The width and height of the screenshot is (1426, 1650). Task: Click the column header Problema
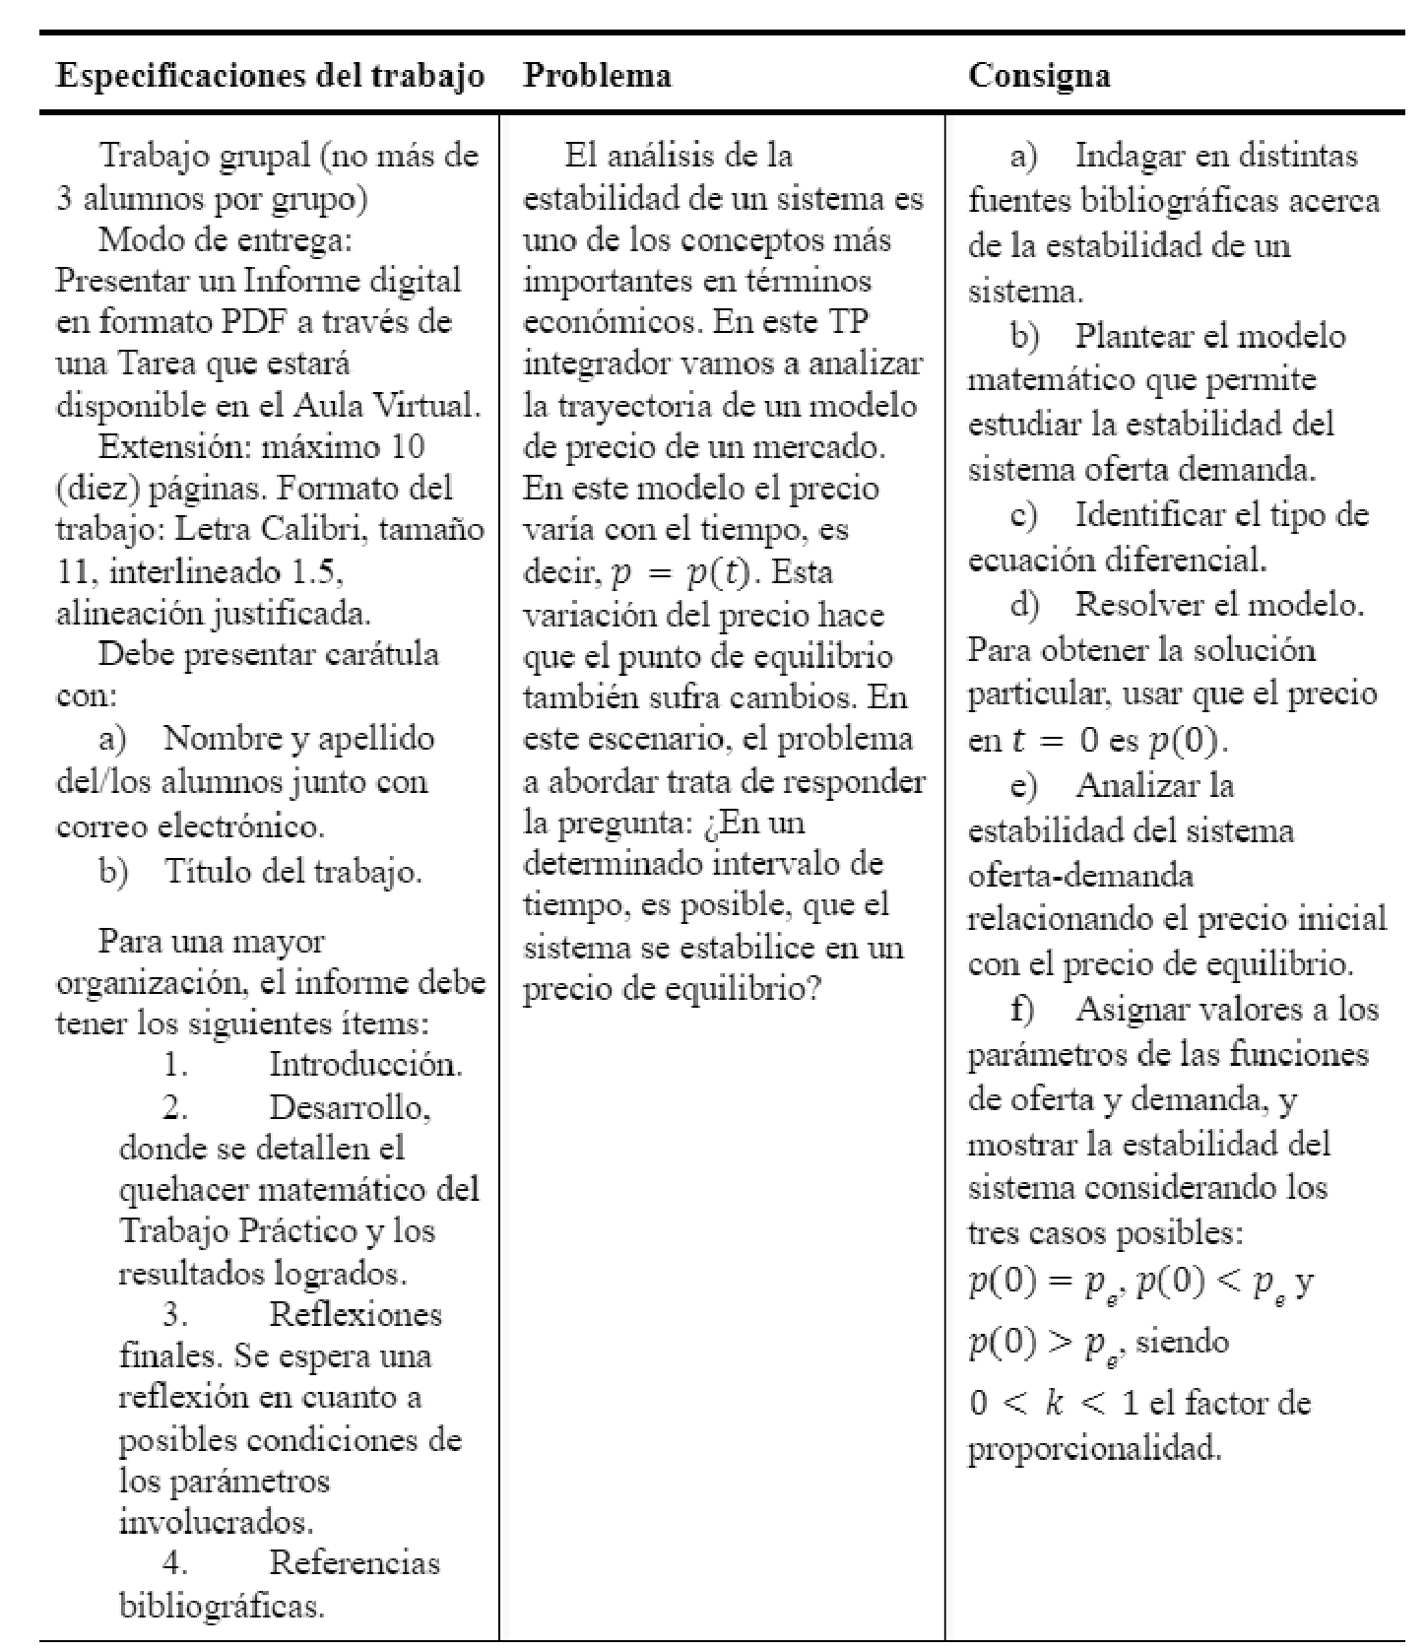click(x=597, y=76)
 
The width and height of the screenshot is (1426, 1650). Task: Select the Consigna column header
click(x=1039, y=76)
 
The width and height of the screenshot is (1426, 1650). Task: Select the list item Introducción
click(x=365, y=1064)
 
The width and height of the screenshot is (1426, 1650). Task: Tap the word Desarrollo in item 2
click(x=350, y=1107)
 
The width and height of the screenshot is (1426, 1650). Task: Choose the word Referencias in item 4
click(x=355, y=1562)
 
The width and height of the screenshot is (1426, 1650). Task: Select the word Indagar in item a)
click(x=1130, y=156)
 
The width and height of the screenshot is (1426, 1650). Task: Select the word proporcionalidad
click(x=1094, y=1448)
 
